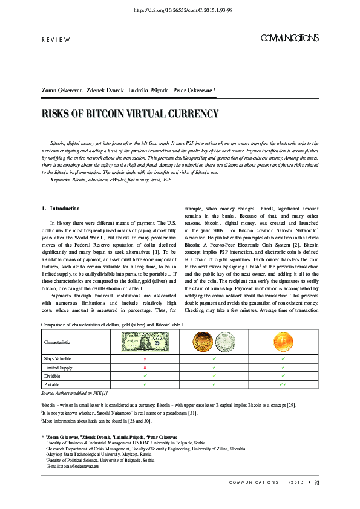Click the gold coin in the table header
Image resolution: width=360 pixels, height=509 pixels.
(x=203, y=342)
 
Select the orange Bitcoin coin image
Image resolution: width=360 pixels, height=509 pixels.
(x=283, y=342)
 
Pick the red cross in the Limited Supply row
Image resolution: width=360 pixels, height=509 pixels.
(x=145, y=367)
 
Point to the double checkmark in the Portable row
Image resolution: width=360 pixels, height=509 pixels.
(x=283, y=384)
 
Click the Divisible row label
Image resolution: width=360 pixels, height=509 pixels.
(x=53, y=375)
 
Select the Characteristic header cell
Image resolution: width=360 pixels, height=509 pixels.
(x=61, y=342)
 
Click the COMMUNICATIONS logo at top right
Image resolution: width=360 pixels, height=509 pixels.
(x=289, y=38)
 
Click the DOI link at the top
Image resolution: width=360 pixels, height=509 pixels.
(x=180, y=10)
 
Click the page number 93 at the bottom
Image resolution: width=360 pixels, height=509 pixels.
(x=316, y=482)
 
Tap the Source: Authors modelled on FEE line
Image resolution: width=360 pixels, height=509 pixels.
(x=74, y=393)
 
